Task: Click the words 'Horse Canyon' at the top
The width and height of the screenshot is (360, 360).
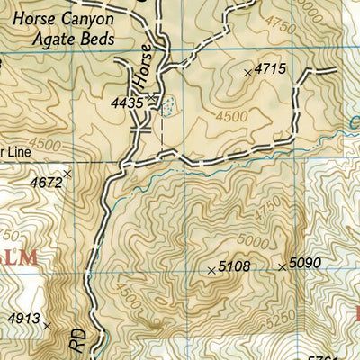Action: tap(61, 20)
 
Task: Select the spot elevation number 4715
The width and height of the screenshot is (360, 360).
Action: tap(270, 68)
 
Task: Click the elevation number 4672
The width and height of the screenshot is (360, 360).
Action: tap(47, 183)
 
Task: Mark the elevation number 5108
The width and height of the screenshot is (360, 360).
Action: tap(233, 267)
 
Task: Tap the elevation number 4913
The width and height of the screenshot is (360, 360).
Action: tap(24, 318)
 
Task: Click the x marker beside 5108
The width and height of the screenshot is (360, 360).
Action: tap(211, 269)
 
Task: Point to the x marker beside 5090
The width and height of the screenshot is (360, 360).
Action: tap(282, 266)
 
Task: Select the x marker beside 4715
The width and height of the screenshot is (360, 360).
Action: tap(248, 71)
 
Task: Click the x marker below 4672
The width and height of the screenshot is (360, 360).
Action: tap(67, 173)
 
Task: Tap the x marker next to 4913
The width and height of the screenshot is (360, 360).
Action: tap(47, 327)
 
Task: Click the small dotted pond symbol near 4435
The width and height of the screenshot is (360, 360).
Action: tap(167, 107)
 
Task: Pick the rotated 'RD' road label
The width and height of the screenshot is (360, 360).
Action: tap(78, 340)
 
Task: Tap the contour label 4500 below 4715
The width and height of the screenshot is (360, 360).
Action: tap(230, 115)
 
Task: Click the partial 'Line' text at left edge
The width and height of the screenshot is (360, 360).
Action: tap(11, 152)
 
